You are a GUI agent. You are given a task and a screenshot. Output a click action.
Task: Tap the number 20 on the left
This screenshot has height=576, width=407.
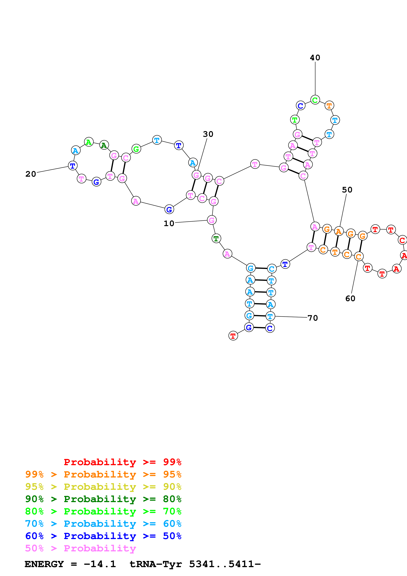tap(31, 174)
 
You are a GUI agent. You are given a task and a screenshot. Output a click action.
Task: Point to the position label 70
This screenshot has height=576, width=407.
tap(313, 318)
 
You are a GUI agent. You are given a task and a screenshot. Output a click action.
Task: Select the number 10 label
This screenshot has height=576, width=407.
tap(169, 223)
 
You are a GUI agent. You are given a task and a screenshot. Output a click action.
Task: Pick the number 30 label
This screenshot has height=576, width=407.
tap(208, 134)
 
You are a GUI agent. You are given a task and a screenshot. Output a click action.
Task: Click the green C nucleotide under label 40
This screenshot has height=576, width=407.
tap(315, 100)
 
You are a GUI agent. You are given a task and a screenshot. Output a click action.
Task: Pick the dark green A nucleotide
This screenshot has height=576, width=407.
tap(104, 145)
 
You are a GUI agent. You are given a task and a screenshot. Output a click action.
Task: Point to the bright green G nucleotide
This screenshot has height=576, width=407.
tap(136, 149)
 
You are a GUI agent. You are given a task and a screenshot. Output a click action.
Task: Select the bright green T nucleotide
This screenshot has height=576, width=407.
tap(295, 120)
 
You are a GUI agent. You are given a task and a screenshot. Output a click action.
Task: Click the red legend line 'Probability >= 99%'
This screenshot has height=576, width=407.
tap(122, 462)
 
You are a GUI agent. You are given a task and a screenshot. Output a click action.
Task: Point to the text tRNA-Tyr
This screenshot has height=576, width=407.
tap(155, 564)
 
